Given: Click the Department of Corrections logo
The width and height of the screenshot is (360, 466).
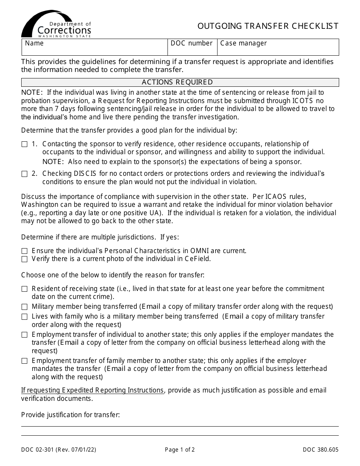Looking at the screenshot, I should tap(56, 24).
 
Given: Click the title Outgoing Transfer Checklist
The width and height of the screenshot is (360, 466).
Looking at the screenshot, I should tap(268, 26).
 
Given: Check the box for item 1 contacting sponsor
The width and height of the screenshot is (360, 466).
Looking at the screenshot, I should tap(25, 144).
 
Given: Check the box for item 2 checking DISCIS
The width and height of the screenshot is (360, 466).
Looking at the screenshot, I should tap(25, 174).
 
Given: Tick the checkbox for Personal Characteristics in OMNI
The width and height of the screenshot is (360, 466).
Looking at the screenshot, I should tap(25, 251).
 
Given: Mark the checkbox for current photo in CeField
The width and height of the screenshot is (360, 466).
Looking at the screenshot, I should tap(25, 260).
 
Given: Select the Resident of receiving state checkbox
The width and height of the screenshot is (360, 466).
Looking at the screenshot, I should tap(25, 289).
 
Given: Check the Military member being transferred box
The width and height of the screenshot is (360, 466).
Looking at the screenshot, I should tap(25, 307).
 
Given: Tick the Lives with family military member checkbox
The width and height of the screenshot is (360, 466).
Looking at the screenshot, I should tap(25, 317).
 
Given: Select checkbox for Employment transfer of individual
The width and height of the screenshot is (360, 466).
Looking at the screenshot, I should tap(25, 335).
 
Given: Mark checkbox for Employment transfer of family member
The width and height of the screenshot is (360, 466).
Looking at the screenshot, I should tap(25, 361).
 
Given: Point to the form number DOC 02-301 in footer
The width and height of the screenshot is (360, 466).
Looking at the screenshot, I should tap(59, 450).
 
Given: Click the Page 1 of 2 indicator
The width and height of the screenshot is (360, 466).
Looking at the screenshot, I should tap(180, 450).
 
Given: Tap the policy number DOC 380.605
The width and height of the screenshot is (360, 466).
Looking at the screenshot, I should tap(321, 450).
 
